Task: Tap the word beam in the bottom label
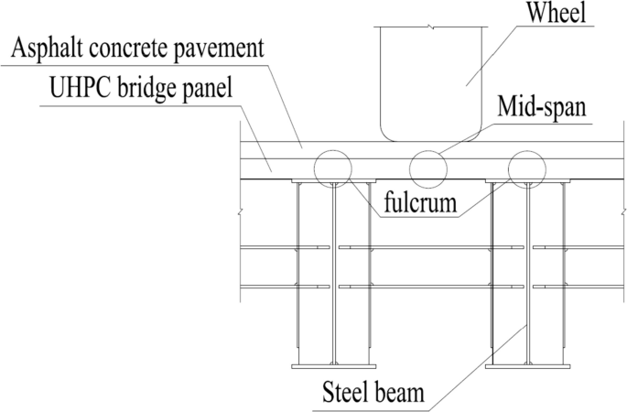pos(405,395)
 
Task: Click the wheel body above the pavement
pos(429,82)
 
